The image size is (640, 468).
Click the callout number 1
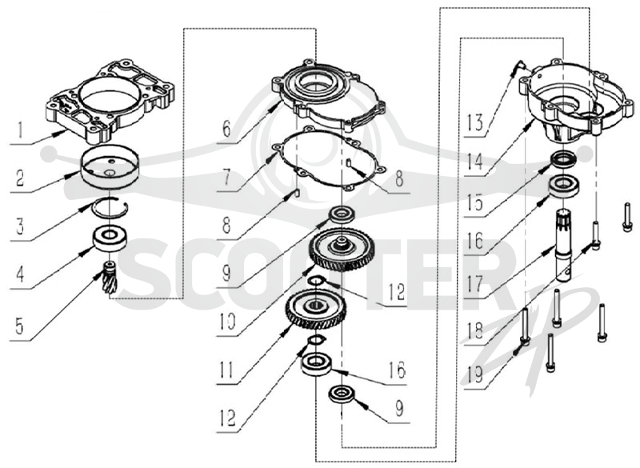point(18,130)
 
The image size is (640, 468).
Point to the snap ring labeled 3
point(110,207)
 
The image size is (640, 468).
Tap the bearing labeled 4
point(110,239)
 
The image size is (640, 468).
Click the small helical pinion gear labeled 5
point(110,278)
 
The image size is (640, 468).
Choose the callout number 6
point(226,128)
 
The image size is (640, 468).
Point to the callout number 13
point(474,122)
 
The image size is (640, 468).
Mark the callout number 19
point(474,374)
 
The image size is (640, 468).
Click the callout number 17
point(474,283)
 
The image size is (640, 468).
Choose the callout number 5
point(19,326)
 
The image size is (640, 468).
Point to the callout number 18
point(474,330)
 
